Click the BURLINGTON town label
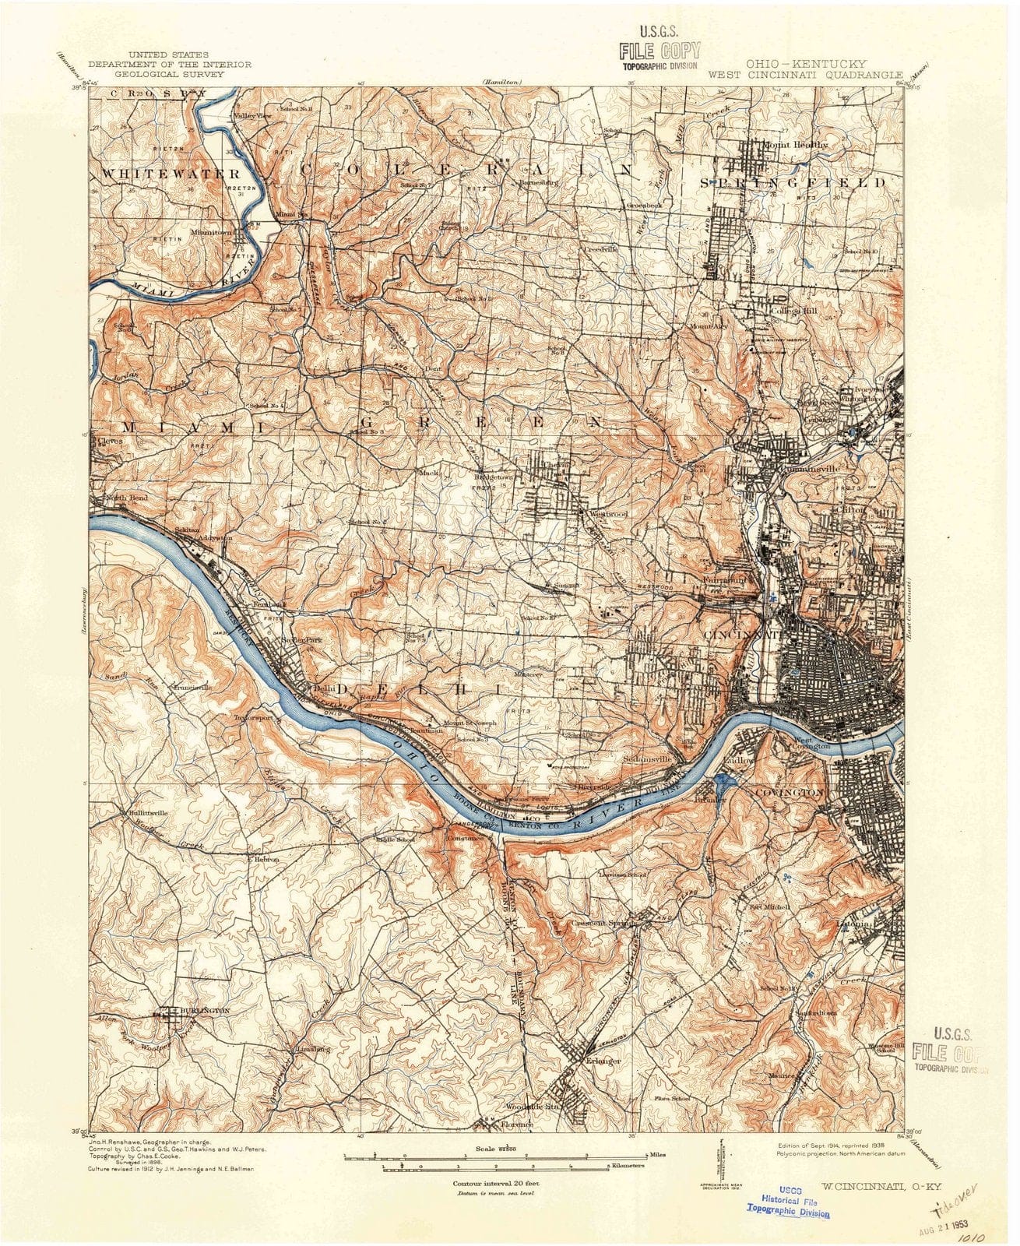click(x=203, y=1010)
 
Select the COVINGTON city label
click(x=789, y=792)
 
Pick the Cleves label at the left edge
click(x=111, y=440)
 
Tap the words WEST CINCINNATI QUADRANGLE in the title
click(x=805, y=75)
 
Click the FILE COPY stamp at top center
click(x=659, y=52)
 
